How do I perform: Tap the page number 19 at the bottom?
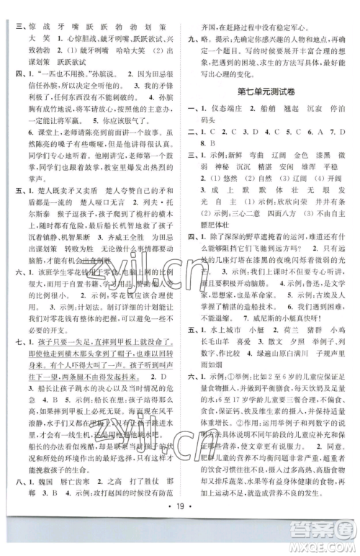click(180, 516)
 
